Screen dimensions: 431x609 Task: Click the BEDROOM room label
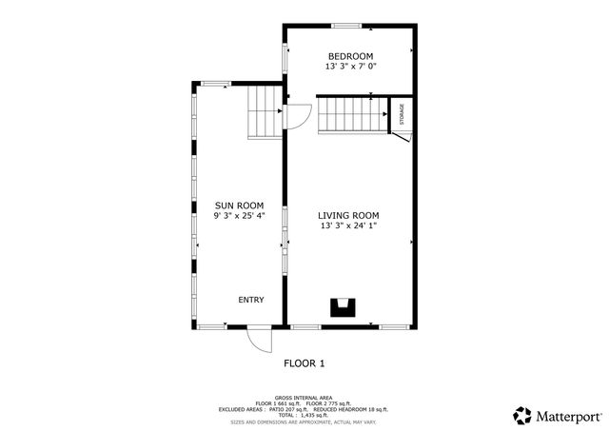tap(350, 56)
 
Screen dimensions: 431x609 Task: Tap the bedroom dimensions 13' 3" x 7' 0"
tap(350, 68)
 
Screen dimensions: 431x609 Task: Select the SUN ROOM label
tap(239, 206)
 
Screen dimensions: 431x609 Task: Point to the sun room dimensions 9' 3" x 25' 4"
tap(239, 216)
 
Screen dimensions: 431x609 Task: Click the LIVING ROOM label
tap(348, 216)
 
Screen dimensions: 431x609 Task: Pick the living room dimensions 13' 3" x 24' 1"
tap(348, 226)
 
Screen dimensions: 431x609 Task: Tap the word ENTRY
tap(251, 301)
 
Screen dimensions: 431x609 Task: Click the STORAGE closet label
tap(402, 114)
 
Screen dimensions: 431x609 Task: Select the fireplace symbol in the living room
tap(342, 307)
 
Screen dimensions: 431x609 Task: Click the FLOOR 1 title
tap(304, 363)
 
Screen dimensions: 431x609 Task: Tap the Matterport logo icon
tap(522, 416)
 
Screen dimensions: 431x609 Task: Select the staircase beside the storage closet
tap(351, 114)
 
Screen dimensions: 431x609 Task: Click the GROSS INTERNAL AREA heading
tap(304, 397)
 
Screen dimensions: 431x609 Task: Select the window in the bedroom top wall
tap(346, 25)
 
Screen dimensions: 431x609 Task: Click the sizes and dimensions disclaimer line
tap(304, 421)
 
